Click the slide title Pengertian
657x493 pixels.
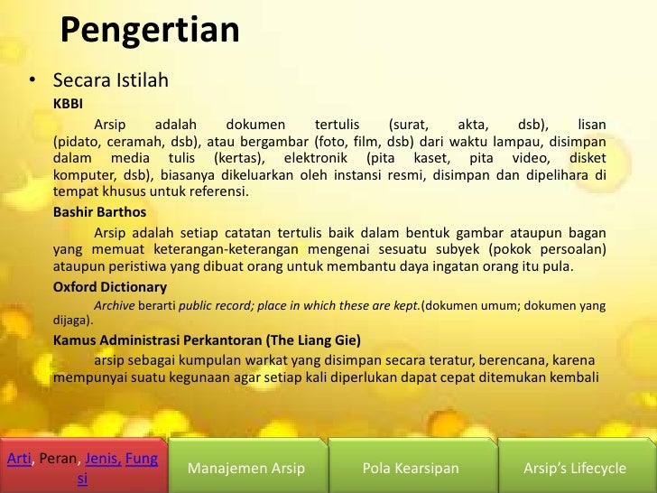click(150, 32)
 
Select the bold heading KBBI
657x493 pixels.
click(68, 104)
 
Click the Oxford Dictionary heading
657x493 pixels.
click(109, 287)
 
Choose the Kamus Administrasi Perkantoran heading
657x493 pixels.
click(207, 340)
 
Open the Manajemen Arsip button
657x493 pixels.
click(245, 468)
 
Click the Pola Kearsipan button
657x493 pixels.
click(411, 468)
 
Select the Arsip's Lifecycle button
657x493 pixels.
click(575, 468)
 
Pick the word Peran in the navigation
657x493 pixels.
click(60, 459)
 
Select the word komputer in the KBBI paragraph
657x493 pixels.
click(82, 174)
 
